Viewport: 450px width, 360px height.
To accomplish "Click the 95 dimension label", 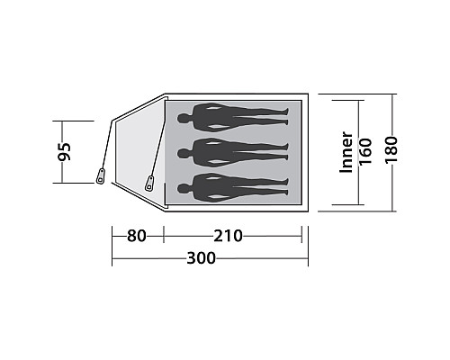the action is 65,151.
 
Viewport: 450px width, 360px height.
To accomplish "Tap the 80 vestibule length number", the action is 137,236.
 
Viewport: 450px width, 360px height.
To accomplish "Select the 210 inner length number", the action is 228,236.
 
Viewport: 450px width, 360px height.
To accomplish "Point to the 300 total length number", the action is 201,258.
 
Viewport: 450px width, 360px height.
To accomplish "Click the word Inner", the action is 346,152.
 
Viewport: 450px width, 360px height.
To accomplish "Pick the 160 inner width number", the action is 365,151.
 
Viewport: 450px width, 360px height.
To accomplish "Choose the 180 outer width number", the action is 391,149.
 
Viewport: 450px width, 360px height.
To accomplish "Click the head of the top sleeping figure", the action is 183,119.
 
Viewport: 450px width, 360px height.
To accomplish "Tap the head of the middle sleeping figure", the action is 183,154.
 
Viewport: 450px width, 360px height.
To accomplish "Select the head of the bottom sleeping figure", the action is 183,189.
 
